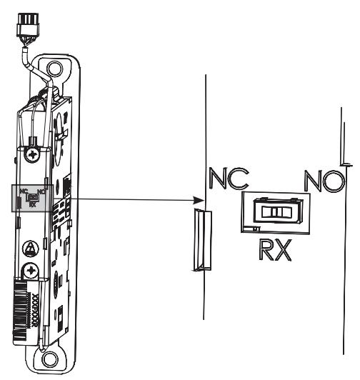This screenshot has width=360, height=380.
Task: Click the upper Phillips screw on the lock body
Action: [32, 154]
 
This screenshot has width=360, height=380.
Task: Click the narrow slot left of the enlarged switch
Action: [200, 239]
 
